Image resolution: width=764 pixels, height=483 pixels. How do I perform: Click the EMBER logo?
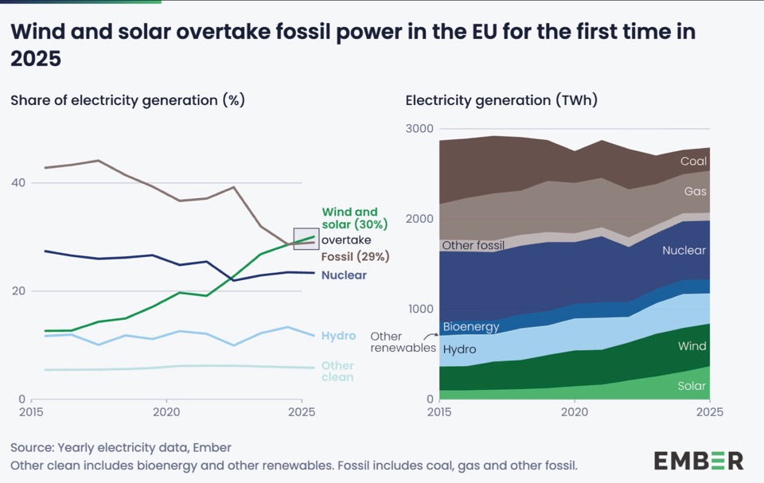click(x=699, y=460)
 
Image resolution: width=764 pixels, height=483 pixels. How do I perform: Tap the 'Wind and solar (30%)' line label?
click(x=349, y=218)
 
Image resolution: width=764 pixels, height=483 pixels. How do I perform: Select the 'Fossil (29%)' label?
click(x=355, y=257)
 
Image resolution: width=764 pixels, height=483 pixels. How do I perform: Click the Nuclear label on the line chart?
click(x=345, y=275)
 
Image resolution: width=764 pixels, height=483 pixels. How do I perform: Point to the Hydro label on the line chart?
click(x=338, y=336)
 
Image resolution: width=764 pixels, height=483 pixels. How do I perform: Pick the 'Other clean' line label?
click(x=337, y=372)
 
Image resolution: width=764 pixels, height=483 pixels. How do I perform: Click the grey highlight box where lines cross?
click(x=306, y=238)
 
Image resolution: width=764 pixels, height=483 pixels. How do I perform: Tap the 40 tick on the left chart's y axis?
click(x=17, y=183)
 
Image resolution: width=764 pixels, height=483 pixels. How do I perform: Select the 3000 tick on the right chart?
click(x=419, y=129)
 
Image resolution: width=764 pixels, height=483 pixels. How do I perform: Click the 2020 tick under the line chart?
click(x=166, y=414)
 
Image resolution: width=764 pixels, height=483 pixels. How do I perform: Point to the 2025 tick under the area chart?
click(x=709, y=414)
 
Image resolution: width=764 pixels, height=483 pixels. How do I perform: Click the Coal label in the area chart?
click(x=693, y=162)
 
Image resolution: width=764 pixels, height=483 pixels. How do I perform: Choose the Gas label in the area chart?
click(x=695, y=192)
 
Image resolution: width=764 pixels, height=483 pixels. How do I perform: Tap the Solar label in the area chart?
click(x=692, y=387)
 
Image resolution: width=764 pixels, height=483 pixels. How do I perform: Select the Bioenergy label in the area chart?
click(x=471, y=327)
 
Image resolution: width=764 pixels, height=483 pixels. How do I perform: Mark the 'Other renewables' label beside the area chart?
click(x=403, y=342)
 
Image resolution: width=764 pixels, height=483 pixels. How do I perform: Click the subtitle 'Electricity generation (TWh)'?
click(x=501, y=100)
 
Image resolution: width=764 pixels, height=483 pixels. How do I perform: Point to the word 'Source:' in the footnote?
click(x=32, y=448)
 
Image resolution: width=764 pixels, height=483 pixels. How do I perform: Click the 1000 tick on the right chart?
click(x=419, y=310)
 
